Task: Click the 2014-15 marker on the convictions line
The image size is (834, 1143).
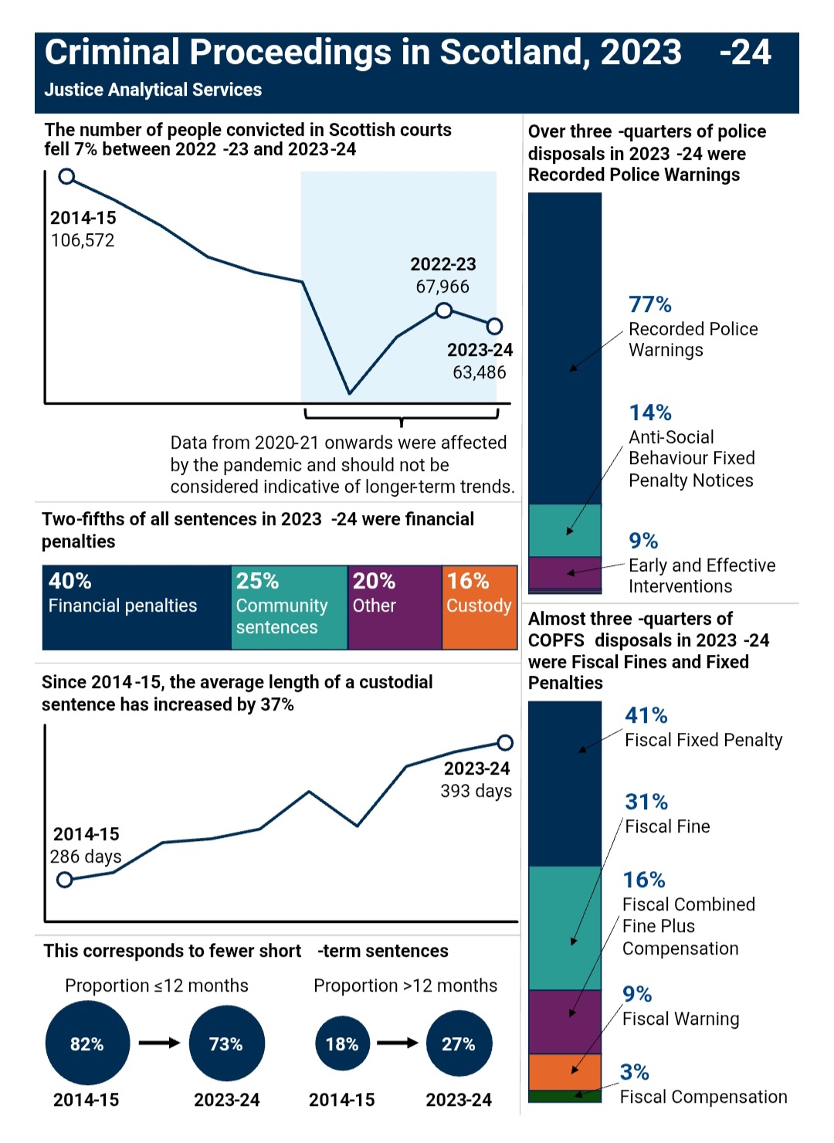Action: (67, 177)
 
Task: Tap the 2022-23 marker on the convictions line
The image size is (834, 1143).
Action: (444, 310)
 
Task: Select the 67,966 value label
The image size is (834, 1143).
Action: (442, 287)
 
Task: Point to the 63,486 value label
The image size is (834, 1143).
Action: (480, 372)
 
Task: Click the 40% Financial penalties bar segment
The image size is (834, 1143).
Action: (136, 607)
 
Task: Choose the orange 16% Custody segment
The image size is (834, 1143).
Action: (480, 607)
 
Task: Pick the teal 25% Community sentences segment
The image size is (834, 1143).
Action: (289, 607)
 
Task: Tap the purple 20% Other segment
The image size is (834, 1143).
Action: (395, 607)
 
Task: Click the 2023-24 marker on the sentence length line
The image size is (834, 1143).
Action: (505, 743)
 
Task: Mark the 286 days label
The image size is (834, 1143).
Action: (86, 856)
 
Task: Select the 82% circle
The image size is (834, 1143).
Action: (87, 1044)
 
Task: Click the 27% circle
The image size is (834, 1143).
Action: (459, 1044)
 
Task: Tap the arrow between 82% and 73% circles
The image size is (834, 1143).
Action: (159, 1043)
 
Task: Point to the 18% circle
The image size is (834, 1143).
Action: (342, 1044)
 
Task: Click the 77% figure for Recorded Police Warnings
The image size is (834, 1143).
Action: (650, 304)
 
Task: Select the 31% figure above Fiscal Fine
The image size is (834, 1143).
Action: (646, 802)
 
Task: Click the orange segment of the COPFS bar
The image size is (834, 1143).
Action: (564, 1072)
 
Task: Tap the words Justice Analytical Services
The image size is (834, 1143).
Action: (153, 90)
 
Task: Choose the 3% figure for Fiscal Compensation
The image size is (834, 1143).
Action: (635, 1072)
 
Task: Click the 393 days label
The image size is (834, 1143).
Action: (476, 791)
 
